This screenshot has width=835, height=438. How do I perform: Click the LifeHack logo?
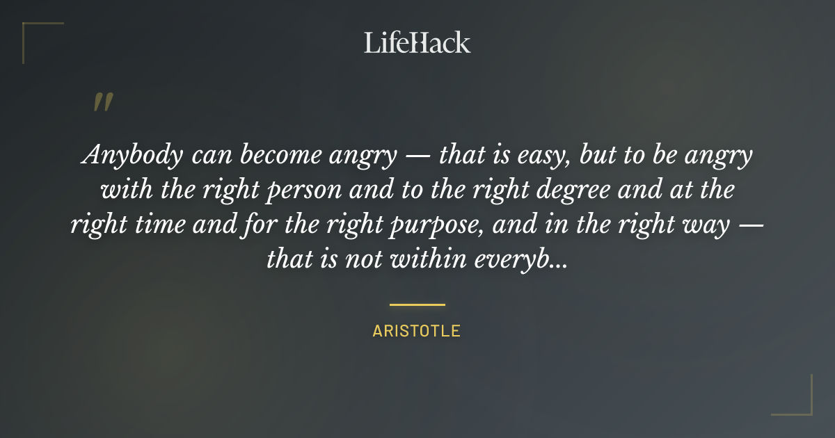417,42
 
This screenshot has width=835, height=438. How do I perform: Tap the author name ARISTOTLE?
417,331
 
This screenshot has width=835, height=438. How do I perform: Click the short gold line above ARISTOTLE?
417,305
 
